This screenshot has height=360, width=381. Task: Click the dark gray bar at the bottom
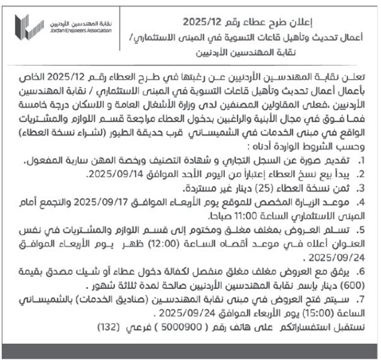click(x=190, y=350)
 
